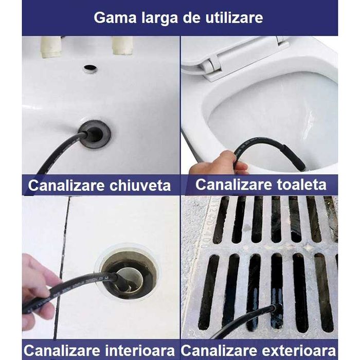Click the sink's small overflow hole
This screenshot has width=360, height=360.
click(x=91, y=68)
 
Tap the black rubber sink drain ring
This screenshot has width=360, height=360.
click(x=96, y=134)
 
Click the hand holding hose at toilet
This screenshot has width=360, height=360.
click(x=211, y=164)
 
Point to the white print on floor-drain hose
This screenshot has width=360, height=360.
click(x=90, y=281)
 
